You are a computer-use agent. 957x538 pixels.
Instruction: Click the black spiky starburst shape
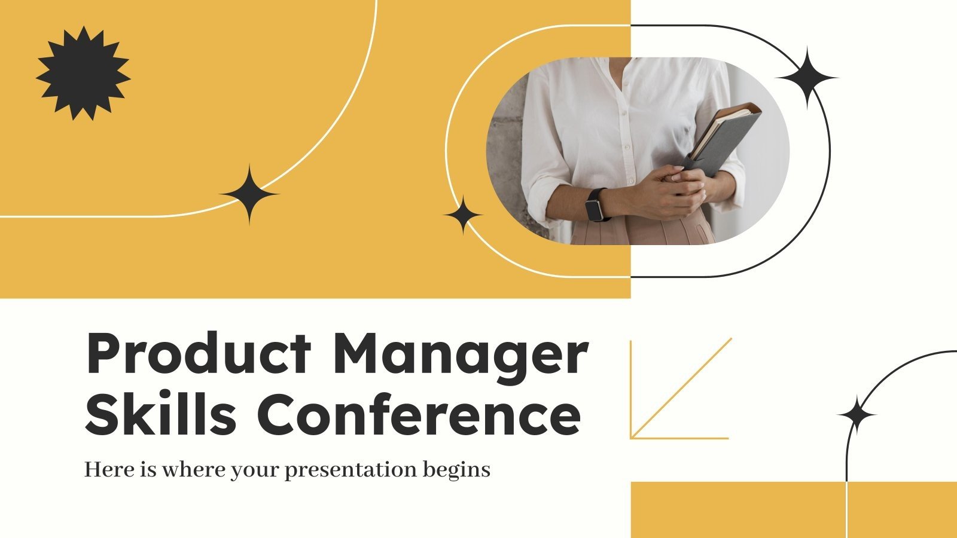tap(83, 73)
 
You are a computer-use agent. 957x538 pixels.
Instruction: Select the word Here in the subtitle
tap(105, 469)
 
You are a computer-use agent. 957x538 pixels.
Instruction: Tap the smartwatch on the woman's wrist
tap(595, 205)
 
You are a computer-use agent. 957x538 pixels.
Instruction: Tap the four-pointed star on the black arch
tap(857, 414)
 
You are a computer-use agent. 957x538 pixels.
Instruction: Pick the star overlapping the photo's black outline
tap(806, 78)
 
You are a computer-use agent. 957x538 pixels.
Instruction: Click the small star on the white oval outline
tap(463, 215)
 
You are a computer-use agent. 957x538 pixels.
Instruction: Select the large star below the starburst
tap(249, 194)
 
